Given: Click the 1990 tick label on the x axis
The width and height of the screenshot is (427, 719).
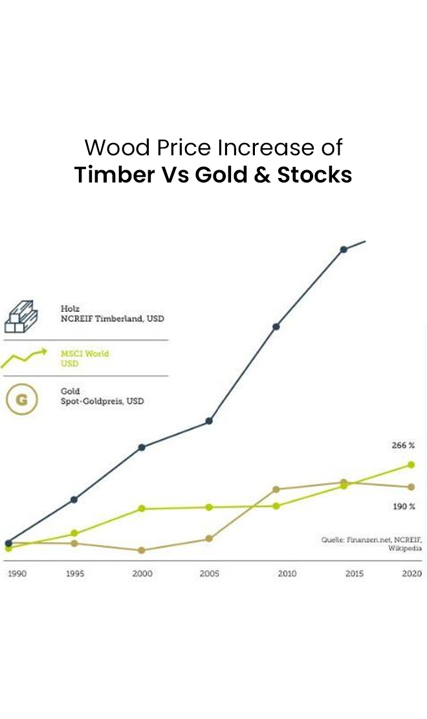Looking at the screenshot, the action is pos(17,573).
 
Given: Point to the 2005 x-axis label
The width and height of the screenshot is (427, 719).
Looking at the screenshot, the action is pos(209,573).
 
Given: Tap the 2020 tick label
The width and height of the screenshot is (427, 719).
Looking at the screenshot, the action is pos(411,573).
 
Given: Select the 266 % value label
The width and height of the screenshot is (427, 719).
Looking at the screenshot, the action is pos(403,445).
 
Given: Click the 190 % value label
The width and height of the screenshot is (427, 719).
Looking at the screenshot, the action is pos(404,506).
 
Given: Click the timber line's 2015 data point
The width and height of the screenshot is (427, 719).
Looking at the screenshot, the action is pos(344,249).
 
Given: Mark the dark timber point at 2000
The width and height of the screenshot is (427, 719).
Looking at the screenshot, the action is pos(142,447).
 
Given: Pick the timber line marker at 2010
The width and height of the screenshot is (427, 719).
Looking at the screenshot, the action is pos(276,326).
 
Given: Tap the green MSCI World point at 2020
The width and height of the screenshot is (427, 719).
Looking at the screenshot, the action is pos(411,465).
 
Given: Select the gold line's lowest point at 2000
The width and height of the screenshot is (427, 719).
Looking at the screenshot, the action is pos(142,550).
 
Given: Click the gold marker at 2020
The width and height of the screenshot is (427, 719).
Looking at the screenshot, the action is pos(411,487).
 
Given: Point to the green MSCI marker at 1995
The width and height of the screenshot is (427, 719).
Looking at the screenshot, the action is pos(74,533).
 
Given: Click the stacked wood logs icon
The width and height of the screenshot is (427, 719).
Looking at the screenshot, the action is pos(21,316).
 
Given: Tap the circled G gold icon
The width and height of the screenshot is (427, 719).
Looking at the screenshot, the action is pos(21,399).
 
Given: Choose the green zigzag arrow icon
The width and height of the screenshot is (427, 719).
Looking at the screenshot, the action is pos(24,358).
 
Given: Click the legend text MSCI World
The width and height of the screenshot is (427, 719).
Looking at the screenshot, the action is pos(85,353).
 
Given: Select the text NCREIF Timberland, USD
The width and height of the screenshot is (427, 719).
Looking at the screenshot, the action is pos(113,318).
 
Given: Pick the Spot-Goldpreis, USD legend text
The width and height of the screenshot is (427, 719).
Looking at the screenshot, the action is pos(102,401).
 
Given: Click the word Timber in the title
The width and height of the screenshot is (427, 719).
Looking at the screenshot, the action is pos(115,175).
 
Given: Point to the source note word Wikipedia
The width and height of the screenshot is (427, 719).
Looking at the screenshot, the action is pos(404,548).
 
